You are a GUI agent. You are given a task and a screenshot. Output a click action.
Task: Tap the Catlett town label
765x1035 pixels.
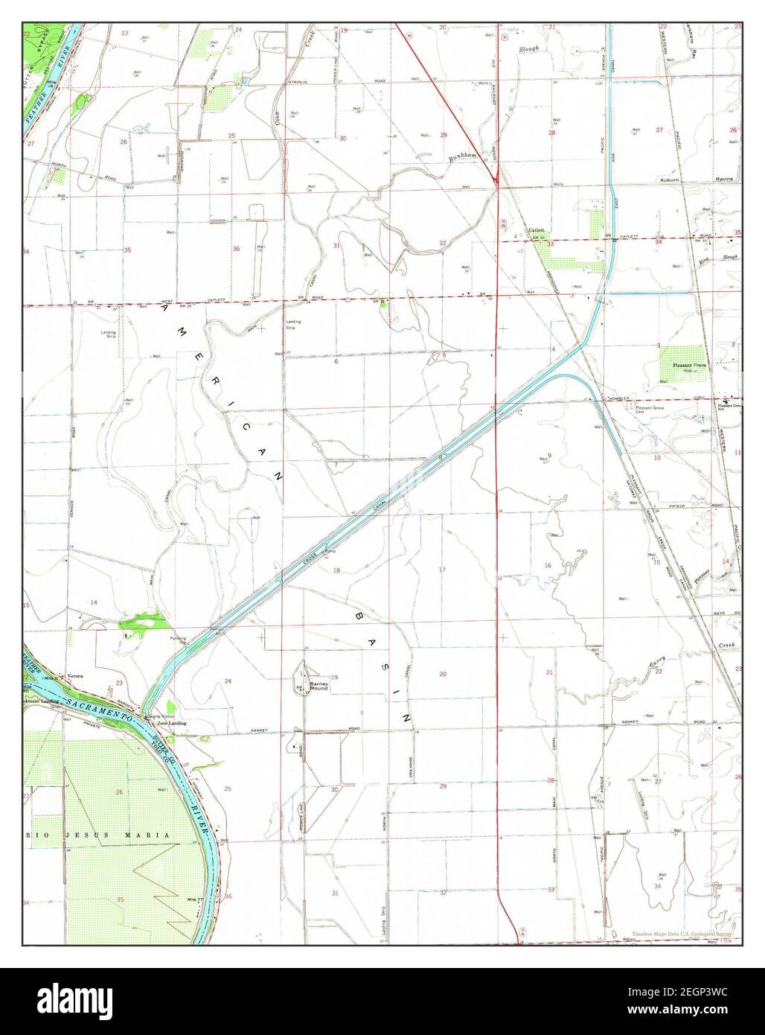[x=537, y=231]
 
